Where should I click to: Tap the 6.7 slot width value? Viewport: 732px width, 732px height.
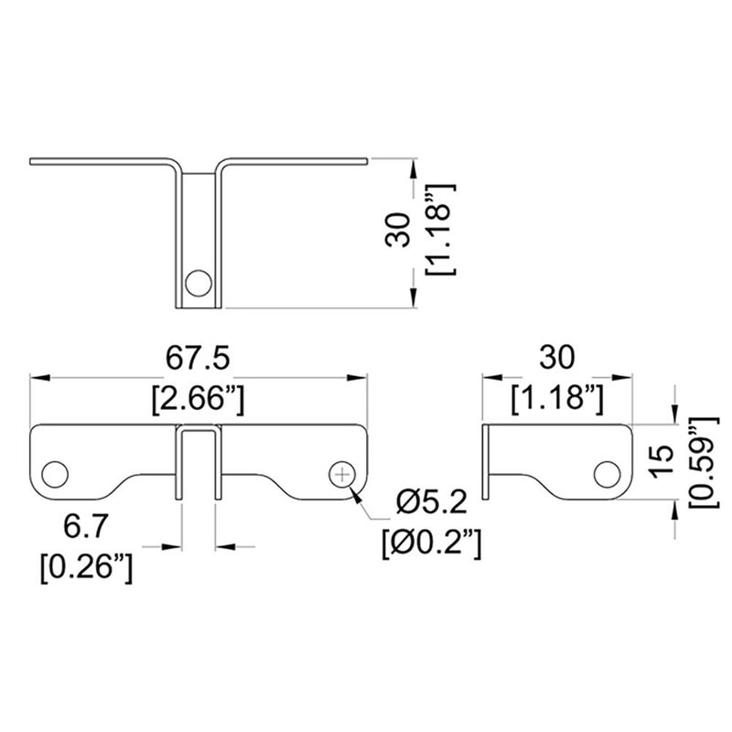[88, 528]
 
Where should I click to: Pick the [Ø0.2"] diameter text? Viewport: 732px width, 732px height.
[433, 546]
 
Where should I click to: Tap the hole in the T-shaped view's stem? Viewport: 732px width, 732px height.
[195, 283]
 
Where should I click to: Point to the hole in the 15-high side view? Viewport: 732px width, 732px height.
[608, 473]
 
